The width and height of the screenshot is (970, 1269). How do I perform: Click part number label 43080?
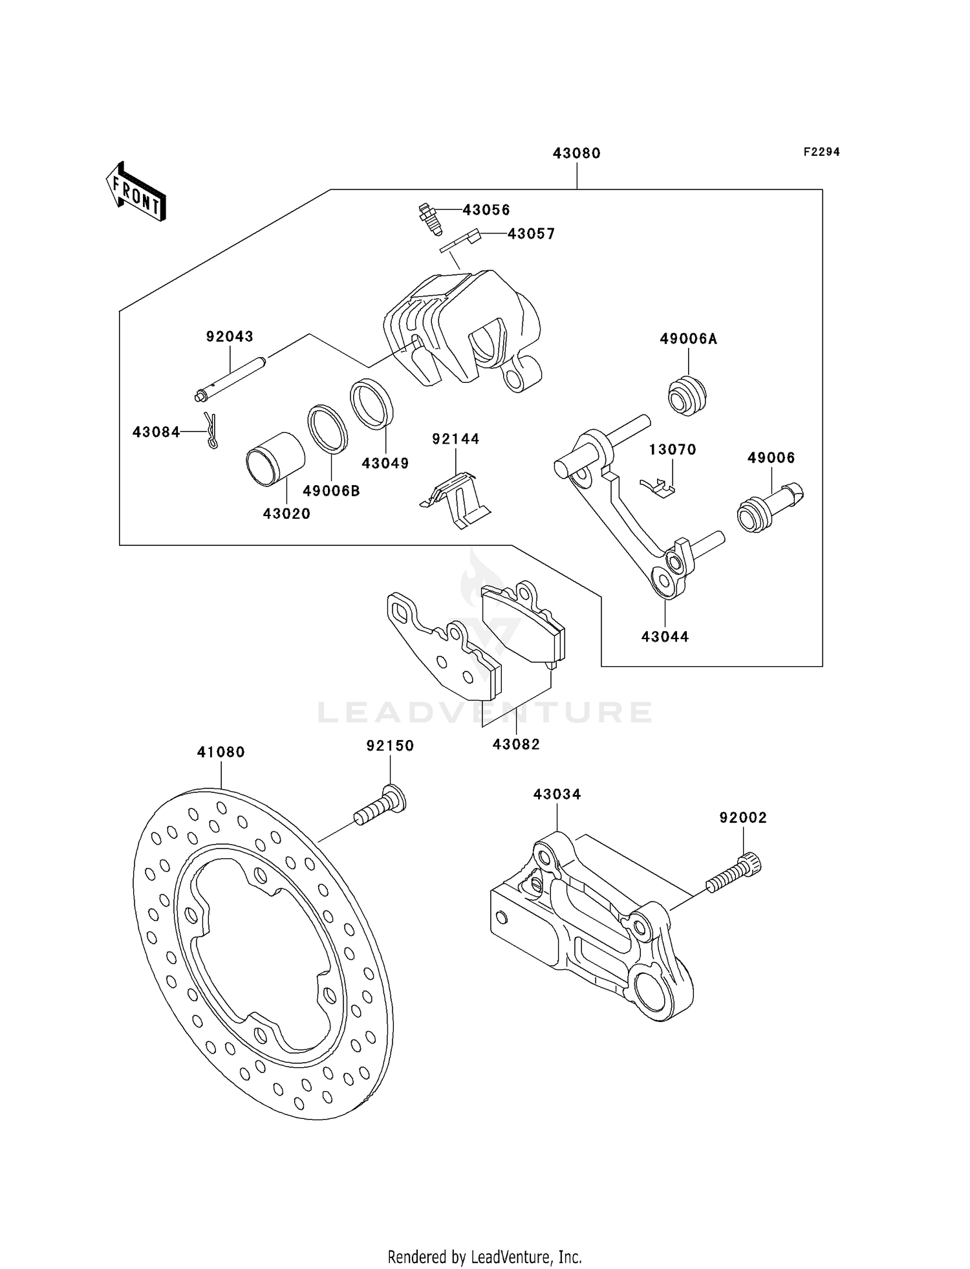576,153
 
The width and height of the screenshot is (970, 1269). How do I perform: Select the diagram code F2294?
821,152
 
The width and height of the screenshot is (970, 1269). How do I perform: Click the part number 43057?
531,234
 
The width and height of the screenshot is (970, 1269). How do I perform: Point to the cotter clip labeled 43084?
211,431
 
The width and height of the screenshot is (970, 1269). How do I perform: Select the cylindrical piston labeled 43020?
275,458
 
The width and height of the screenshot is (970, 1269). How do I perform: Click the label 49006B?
331,491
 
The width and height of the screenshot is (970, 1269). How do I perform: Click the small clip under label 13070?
658,486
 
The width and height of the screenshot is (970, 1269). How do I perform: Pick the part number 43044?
665,636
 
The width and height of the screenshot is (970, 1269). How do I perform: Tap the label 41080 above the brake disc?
221,752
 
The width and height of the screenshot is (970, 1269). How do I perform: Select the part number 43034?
557,794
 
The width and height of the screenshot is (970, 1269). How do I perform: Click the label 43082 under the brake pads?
516,744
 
